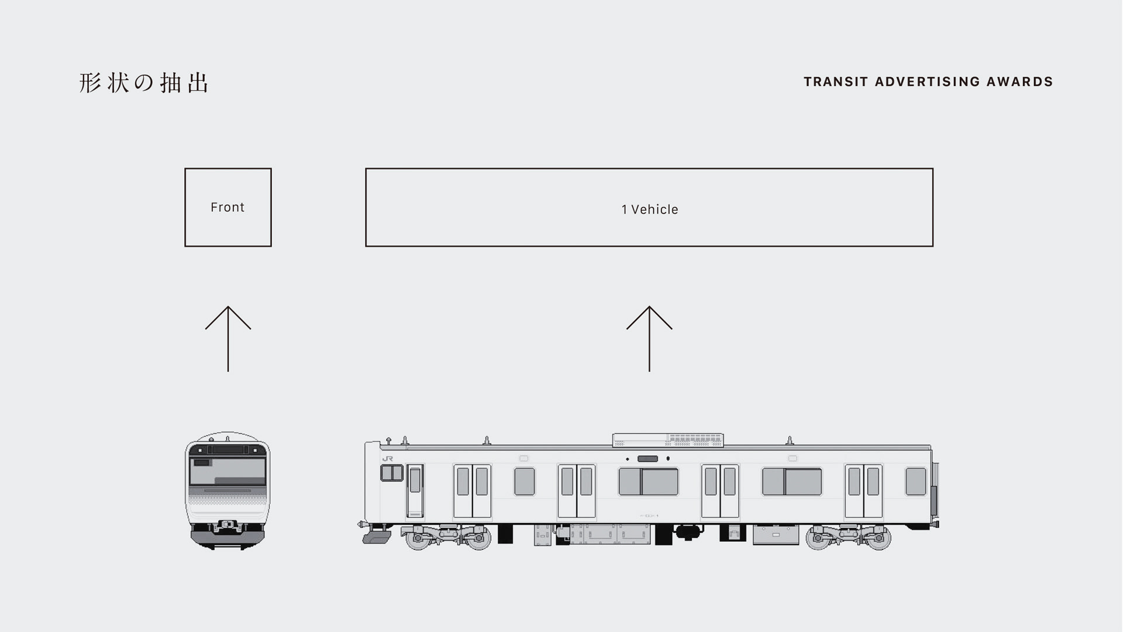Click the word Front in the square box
click(228, 207)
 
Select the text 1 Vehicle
click(649, 209)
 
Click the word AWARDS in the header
click(1020, 82)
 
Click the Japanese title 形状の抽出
click(144, 83)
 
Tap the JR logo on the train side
click(387, 459)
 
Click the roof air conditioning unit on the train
click(667, 440)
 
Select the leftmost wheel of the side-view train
click(418, 538)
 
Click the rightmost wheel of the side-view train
click(878, 538)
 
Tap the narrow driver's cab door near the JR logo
click(415, 490)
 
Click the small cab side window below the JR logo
click(392, 472)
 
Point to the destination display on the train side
click(647, 459)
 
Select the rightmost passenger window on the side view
click(915, 482)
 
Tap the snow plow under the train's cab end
click(377, 537)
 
